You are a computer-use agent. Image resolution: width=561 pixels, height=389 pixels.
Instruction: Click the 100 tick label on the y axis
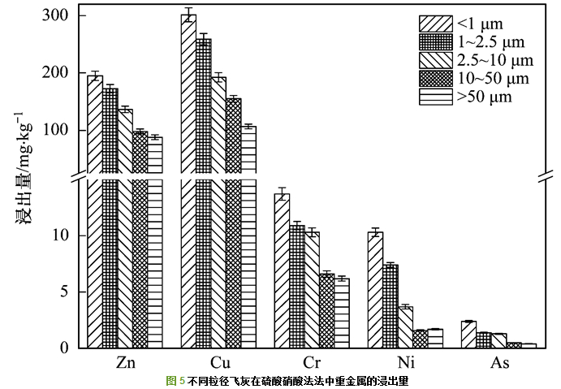pos(65,131)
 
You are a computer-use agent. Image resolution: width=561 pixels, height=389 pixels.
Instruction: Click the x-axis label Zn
pos(126,363)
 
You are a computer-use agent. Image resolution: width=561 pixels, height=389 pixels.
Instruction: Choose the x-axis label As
pos(500,363)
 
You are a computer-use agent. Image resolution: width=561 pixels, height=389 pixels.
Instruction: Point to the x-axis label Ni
pos(406,363)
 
